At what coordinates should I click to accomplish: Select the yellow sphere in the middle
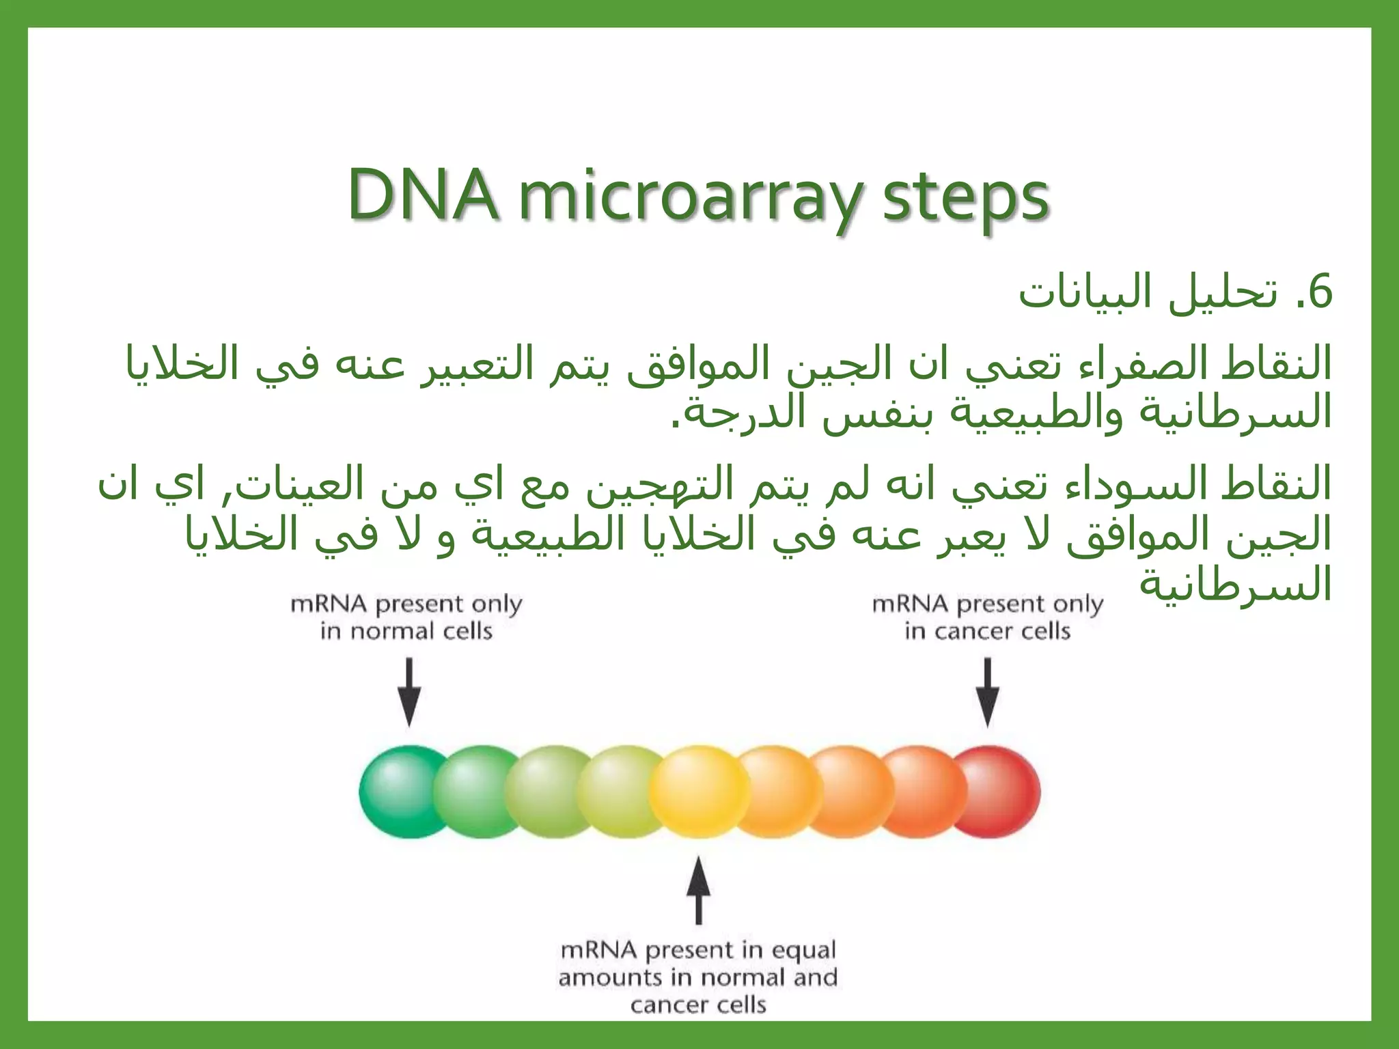(x=698, y=792)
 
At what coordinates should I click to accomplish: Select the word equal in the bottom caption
(x=803, y=951)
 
